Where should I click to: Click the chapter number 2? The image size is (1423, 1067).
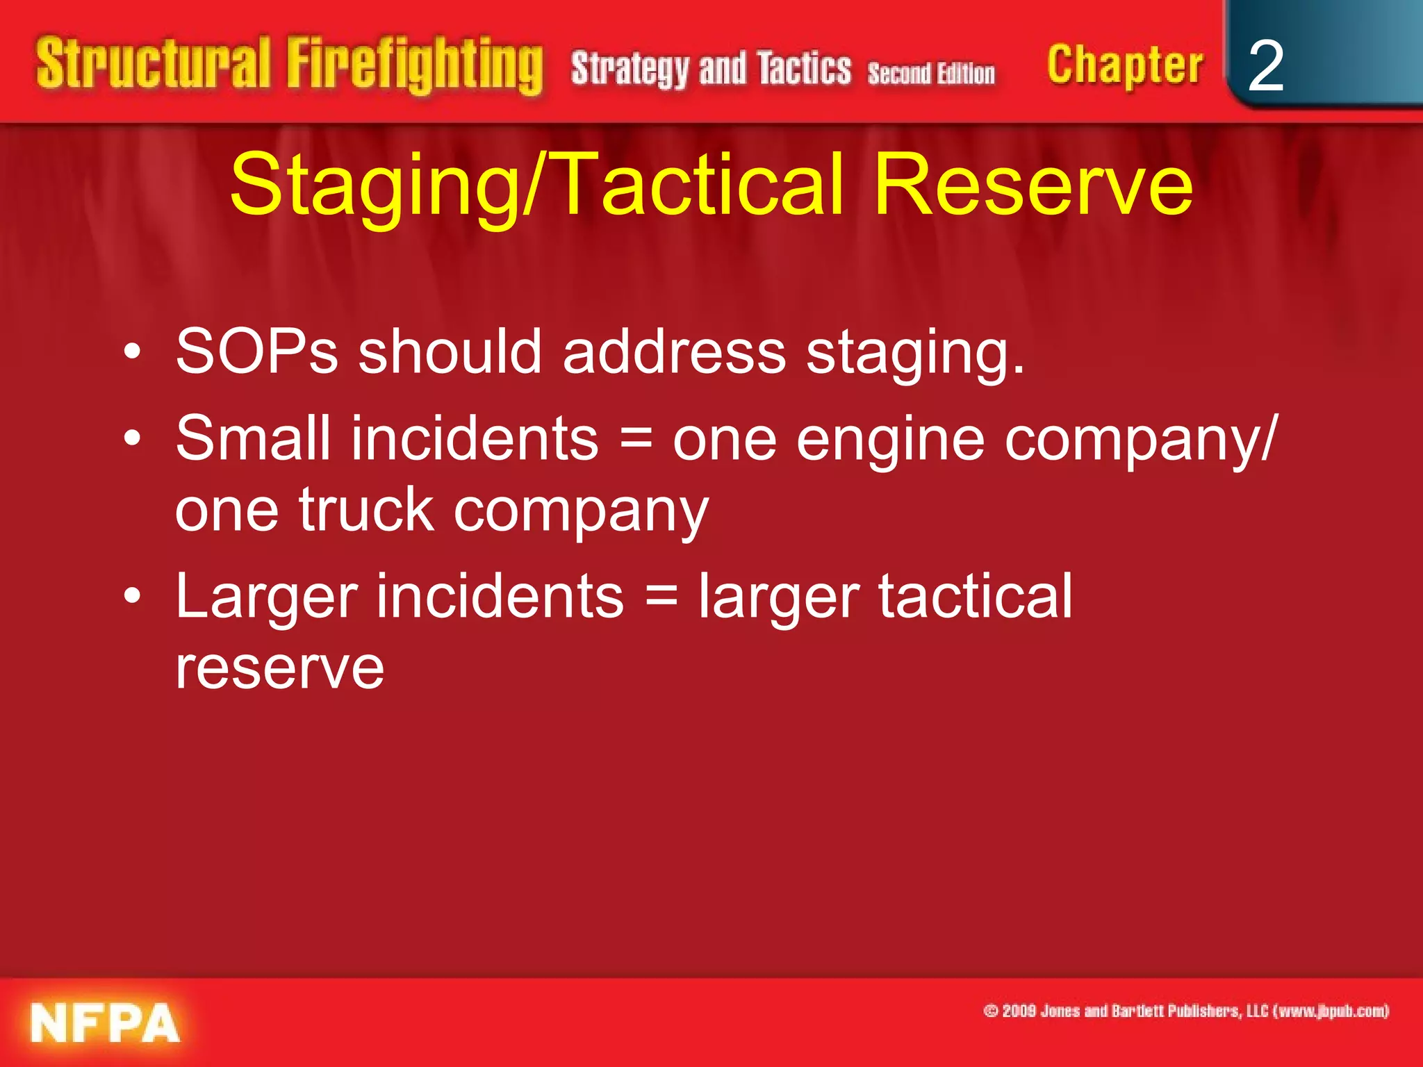click(x=1265, y=66)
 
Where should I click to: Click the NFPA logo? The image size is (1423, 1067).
click(x=105, y=1023)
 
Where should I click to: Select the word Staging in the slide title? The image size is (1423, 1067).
click(x=375, y=186)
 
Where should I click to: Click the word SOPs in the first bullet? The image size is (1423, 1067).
click(x=256, y=352)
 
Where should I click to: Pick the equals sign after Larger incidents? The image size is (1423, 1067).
click(x=661, y=596)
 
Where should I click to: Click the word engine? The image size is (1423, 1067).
click(x=890, y=440)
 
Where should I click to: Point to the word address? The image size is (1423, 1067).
click(x=674, y=352)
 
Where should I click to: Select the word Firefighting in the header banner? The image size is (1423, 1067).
click(x=415, y=66)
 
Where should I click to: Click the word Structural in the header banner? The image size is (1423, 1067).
click(x=153, y=64)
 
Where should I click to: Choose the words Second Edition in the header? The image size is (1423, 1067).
click(x=931, y=74)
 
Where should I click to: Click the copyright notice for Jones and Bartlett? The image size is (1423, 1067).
click(x=1186, y=1011)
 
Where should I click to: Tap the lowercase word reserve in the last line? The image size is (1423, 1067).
click(x=279, y=668)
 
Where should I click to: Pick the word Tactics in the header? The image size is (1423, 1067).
click(x=804, y=69)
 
